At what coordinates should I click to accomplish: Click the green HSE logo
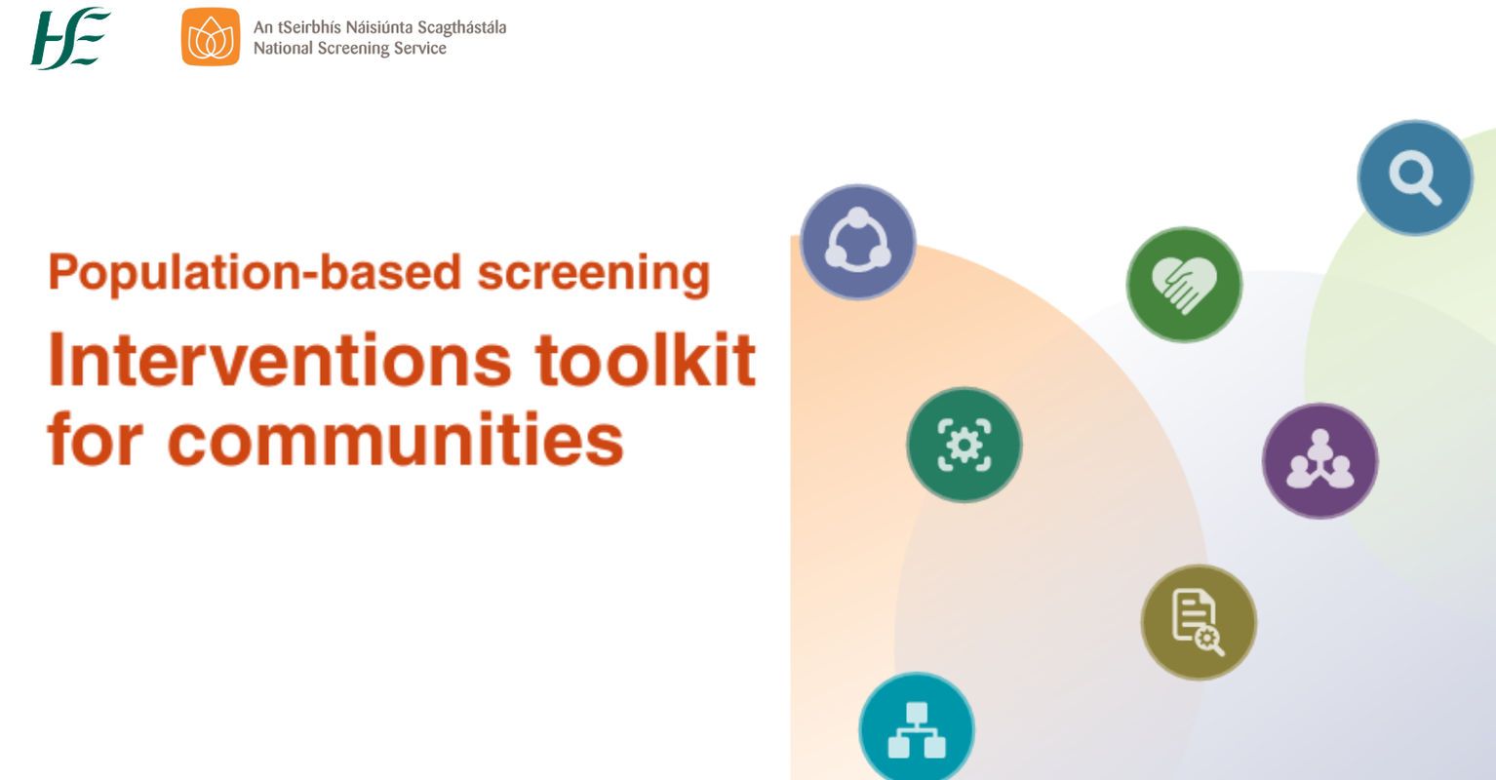(x=69, y=38)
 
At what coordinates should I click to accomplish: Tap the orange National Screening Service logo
(x=210, y=37)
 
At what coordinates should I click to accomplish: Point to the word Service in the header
(x=420, y=49)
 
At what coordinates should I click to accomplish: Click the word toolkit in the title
(x=646, y=361)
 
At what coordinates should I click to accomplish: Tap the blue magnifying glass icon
(x=1414, y=177)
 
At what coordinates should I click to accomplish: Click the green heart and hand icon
(x=1184, y=285)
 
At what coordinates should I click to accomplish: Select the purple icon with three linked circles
(x=858, y=242)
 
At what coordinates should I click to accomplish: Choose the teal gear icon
(x=965, y=445)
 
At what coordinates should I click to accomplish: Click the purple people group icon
(x=1319, y=461)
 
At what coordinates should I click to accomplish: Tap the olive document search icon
(x=1199, y=622)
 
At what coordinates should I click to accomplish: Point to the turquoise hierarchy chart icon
(x=917, y=729)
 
